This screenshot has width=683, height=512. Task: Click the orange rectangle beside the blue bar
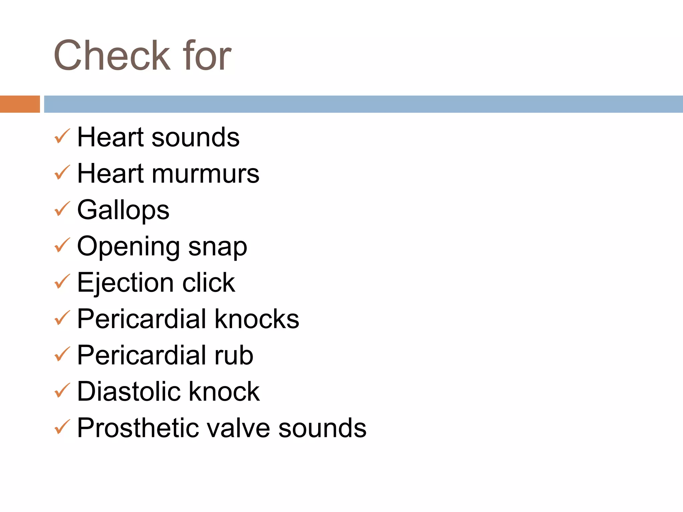point(20,104)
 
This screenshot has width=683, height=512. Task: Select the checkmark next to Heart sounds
point(62,136)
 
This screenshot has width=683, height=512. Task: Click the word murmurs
point(205,174)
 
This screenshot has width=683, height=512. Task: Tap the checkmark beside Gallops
point(62,209)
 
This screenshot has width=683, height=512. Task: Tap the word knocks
point(256,319)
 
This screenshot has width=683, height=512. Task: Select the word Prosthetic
point(138,428)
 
